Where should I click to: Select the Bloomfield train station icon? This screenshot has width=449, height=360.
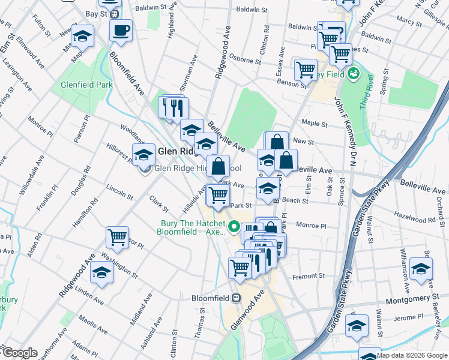(237, 298)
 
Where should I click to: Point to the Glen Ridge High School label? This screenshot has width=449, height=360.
(197, 169)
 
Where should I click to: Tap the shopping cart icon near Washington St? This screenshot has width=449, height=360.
(118, 237)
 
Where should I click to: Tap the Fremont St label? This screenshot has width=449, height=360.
(308, 277)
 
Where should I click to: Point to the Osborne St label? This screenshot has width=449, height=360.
(244, 59)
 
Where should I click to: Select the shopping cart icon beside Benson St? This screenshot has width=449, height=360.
(306, 70)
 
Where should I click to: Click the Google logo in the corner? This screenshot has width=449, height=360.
(19, 353)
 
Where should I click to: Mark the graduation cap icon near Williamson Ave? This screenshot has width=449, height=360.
(421, 268)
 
